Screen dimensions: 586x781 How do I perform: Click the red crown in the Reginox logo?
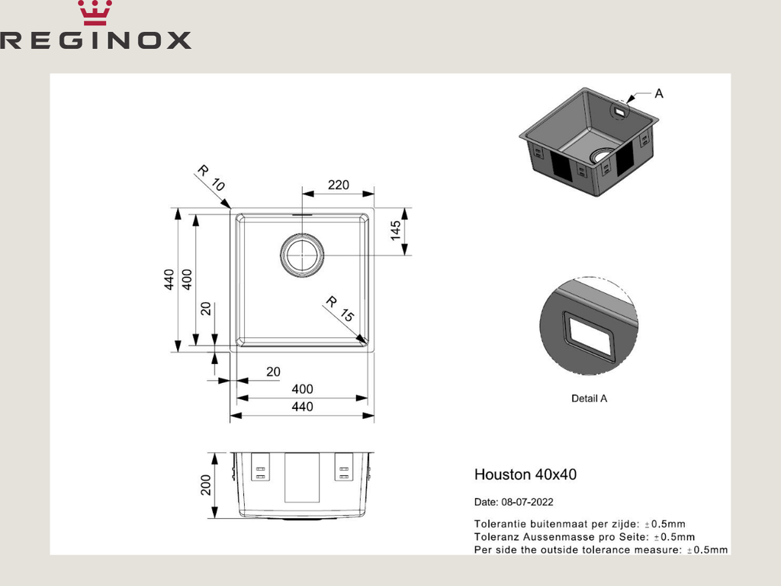(95, 13)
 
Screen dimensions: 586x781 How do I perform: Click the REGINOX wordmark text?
(95, 40)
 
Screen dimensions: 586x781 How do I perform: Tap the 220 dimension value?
(338, 185)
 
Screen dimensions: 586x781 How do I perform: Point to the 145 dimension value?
(396, 230)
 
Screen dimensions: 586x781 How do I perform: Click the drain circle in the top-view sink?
(302, 255)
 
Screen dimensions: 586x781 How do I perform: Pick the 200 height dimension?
(205, 485)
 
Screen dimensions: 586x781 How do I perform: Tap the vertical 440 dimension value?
(169, 280)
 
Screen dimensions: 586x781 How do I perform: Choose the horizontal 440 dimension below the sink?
(302, 407)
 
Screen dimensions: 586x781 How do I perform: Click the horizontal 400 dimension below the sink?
(302, 389)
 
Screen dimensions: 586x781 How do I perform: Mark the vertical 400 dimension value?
(187, 280)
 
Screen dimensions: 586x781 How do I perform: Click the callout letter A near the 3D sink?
(659, 93)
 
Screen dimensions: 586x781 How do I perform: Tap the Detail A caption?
(589, 398)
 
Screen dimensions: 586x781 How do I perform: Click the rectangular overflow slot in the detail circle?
(589, 336)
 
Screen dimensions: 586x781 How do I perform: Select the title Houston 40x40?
(525, 475)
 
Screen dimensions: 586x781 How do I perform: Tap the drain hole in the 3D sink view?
(602, 157)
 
